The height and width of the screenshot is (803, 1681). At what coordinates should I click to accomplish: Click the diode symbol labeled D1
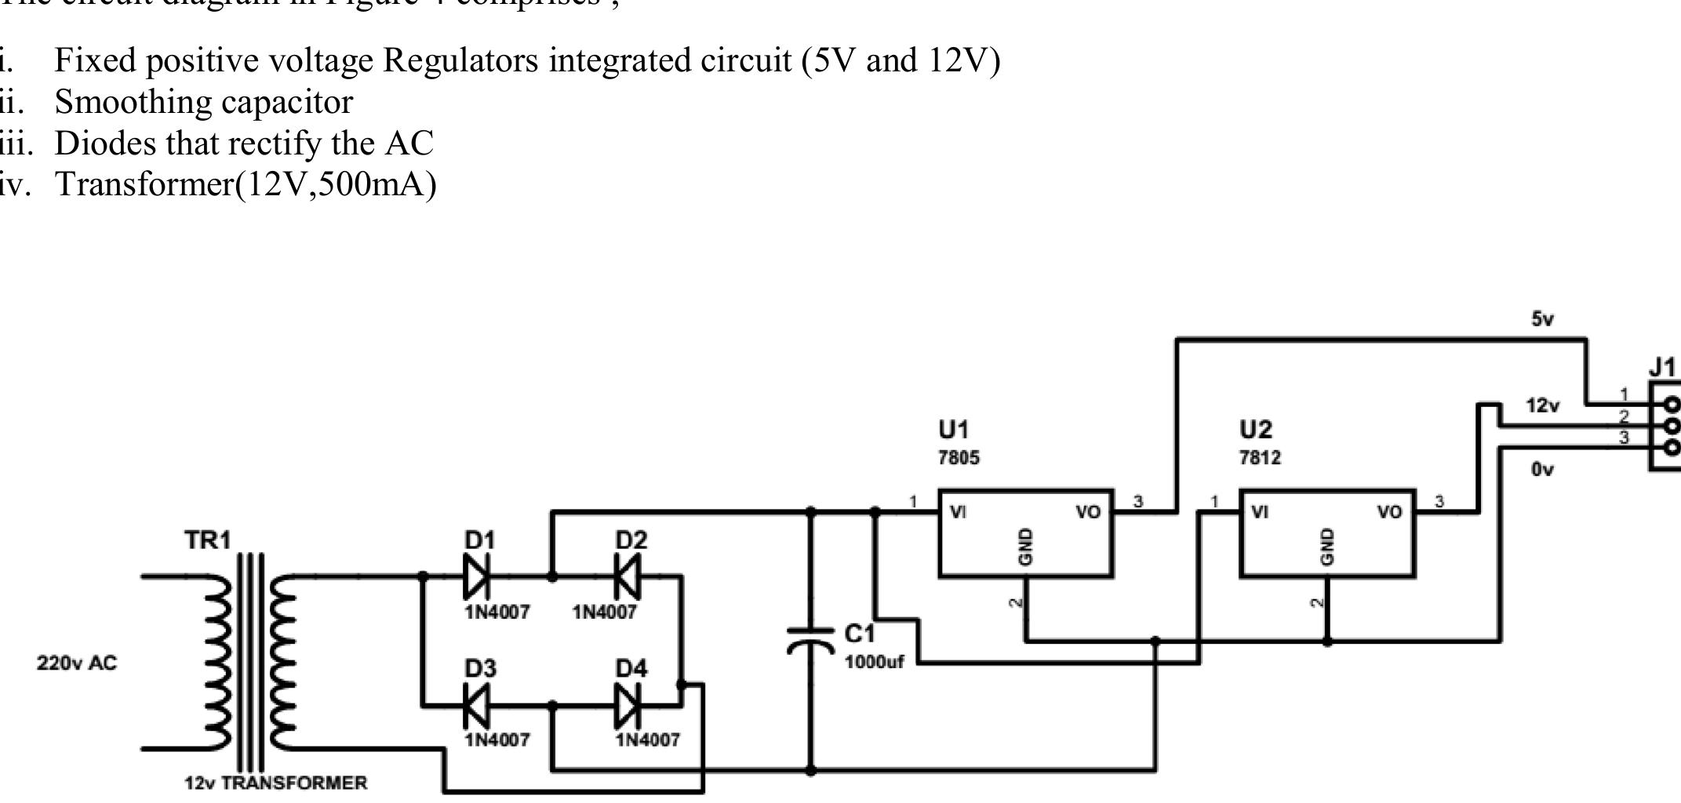475,577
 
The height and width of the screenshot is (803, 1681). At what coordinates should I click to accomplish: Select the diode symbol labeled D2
628,577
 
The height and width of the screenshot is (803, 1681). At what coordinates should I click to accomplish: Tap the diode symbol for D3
475,706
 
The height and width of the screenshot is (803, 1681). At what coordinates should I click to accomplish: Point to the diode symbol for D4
628,706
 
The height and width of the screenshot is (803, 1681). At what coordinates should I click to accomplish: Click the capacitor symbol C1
810,640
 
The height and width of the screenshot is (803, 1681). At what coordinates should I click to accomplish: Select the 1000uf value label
874,662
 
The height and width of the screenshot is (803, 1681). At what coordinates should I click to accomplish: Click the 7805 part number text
959,458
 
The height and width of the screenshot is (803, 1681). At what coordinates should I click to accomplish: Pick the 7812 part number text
1260,458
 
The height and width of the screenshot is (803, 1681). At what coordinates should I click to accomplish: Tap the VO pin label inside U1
1088,513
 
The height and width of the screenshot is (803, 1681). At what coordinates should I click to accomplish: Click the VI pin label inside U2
1260,513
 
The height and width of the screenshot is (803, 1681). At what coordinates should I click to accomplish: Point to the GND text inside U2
1327,547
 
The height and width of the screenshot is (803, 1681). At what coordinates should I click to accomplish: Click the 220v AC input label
76,663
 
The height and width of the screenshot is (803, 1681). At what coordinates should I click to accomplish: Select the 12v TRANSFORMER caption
275,783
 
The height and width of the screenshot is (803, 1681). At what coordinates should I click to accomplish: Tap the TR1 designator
208,540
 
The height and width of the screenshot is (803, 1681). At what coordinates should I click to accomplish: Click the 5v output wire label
1542,319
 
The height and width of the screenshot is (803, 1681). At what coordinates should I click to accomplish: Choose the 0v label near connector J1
1541,470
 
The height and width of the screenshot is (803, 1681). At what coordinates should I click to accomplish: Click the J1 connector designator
1664,367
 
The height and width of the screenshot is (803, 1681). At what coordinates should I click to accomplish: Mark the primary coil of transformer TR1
217,663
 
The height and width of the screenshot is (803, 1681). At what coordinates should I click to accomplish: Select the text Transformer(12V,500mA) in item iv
246,184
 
